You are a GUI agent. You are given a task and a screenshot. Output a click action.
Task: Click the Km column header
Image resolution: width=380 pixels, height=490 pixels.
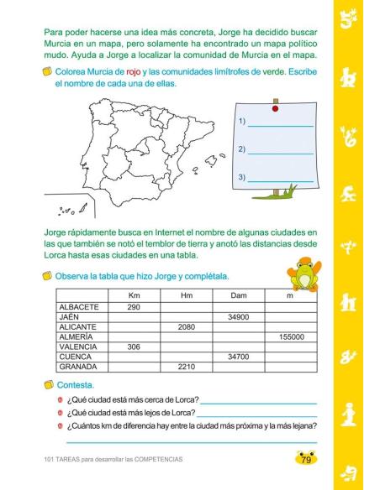133,295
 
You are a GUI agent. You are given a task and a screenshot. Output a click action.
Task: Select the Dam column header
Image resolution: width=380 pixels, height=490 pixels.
238,295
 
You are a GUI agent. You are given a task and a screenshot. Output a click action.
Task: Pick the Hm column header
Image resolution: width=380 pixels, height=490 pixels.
186,295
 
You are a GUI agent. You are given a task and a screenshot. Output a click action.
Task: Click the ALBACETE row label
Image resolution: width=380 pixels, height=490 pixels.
80,307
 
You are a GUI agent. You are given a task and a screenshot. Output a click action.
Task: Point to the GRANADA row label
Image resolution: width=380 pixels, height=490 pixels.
79,367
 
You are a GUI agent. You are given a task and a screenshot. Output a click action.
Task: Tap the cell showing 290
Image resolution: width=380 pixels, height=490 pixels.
133,307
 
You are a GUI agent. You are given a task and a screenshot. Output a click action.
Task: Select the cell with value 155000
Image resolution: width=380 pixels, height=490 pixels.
290,336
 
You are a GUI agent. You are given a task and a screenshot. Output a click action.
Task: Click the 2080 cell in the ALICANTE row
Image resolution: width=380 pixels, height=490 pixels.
186,327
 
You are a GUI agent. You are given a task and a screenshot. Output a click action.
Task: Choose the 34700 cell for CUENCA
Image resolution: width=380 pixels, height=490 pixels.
238,357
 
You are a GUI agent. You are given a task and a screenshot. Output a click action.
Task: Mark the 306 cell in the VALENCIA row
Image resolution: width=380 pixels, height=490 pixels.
133,347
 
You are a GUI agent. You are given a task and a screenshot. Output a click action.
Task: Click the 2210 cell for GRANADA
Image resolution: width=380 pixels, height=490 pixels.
186,367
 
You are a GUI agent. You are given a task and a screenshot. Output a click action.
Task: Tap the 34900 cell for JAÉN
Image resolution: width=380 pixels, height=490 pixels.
238,317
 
